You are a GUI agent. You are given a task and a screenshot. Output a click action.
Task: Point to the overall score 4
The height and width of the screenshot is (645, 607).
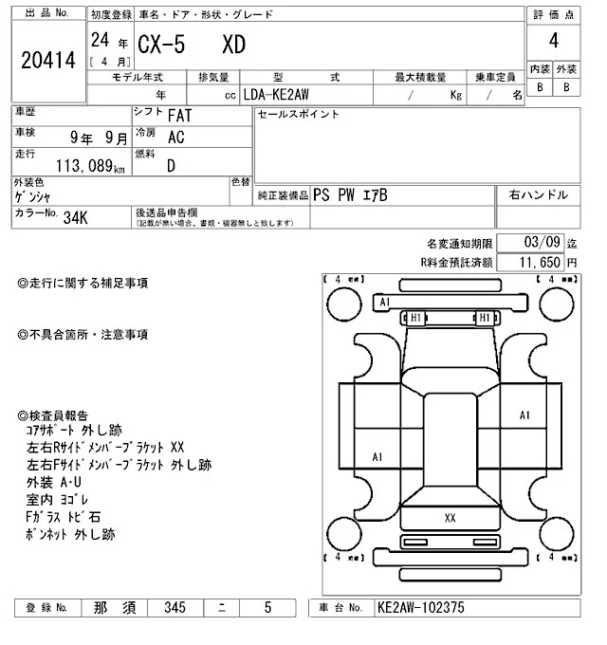point(553,42)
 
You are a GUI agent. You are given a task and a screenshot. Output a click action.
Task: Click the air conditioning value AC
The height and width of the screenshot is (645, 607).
point(175,137)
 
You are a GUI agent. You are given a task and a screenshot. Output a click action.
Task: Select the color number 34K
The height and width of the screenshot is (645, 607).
point(75,216)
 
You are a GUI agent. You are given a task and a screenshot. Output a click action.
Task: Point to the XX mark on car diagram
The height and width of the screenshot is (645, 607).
point(451,518)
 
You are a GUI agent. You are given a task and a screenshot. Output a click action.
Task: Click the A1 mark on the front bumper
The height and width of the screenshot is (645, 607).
point(384,303)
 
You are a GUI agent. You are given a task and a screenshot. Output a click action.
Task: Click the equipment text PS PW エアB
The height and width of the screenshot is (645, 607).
point(350,194)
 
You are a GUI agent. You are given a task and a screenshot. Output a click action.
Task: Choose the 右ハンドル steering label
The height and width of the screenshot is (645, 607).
point(538,194)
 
